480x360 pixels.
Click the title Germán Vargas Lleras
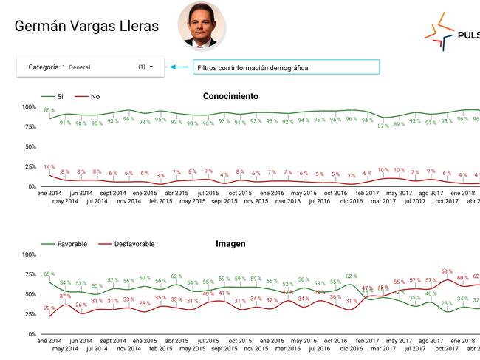click(x=86, y=27)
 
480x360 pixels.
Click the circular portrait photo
click(x=202, y=24)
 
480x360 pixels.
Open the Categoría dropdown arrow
click(x=151, y=67)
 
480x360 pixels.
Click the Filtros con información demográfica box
click(x=286, y=67)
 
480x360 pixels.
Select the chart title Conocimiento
click(x=230, y=96)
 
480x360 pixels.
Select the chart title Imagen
click(x=230, y=243)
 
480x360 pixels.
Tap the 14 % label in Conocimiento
click(x=49, y=167)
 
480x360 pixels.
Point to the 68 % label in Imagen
click(x=447, y=271)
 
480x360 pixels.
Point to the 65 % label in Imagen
click(x=49, y=274)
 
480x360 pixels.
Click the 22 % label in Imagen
click(x=49, y=308)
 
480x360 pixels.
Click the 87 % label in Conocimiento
click(x=383, y=126)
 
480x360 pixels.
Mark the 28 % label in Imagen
click(x=447, y=303)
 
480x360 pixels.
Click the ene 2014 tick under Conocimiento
click(x=51, y=193)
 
